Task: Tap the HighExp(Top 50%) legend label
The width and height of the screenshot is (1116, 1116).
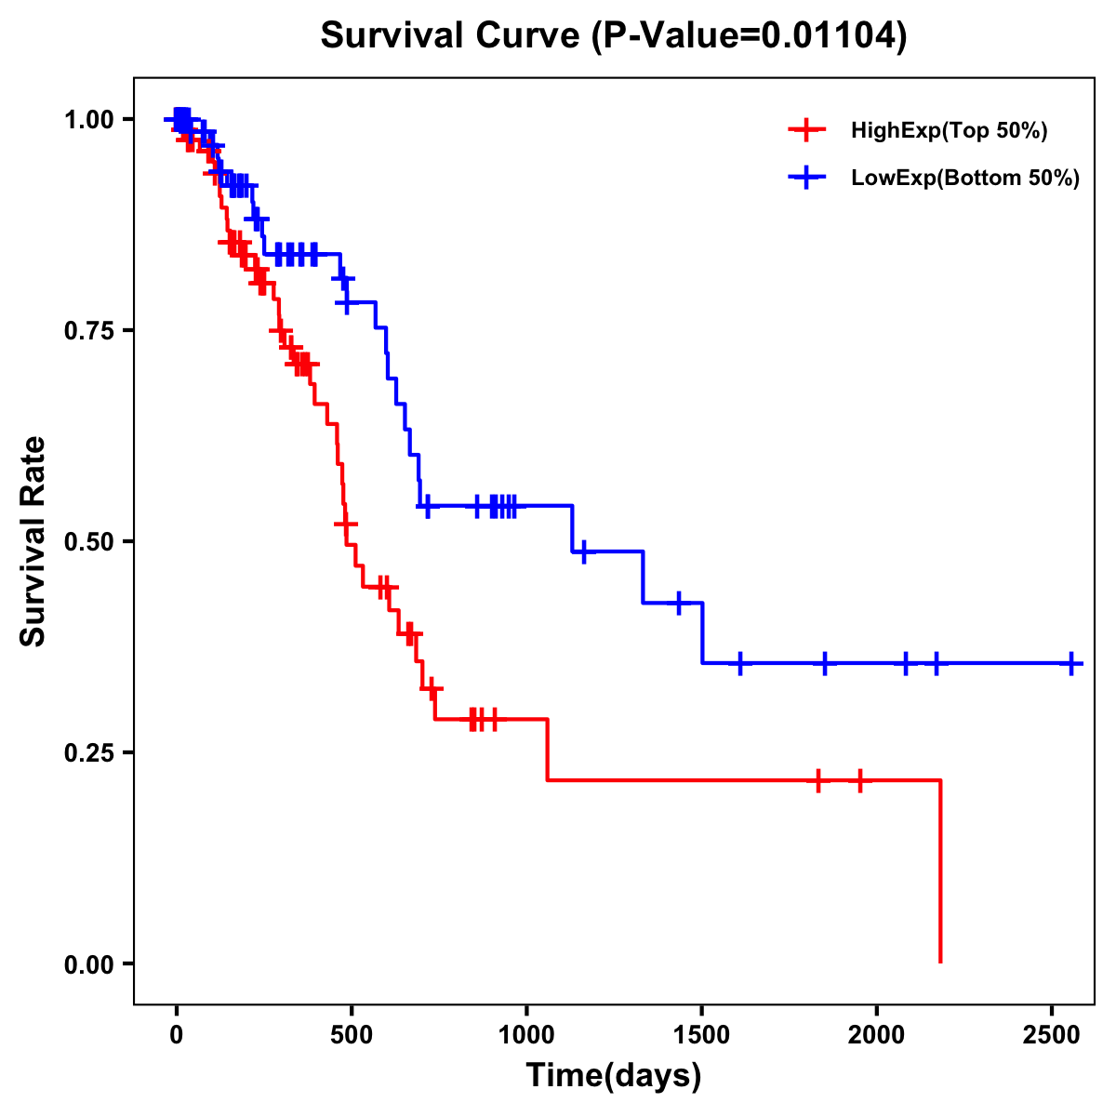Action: click(x=949, y=131)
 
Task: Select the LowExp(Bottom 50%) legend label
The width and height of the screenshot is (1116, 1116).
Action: click(x=965, y=179)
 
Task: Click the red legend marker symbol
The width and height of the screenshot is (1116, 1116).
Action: click(x=806, y=130)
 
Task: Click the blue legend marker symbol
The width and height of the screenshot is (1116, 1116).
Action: click(x=806, y=178)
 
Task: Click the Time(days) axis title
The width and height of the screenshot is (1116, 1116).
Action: click(x=614, y=1075)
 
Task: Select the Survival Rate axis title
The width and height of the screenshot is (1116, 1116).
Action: click(x=33, y=541)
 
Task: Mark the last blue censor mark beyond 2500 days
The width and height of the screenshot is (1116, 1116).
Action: click(x=1071, y=663)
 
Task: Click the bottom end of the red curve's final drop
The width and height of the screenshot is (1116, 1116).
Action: click(x=940, y=961)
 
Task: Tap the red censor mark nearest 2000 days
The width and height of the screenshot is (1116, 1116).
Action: click(x=860, y=780)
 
